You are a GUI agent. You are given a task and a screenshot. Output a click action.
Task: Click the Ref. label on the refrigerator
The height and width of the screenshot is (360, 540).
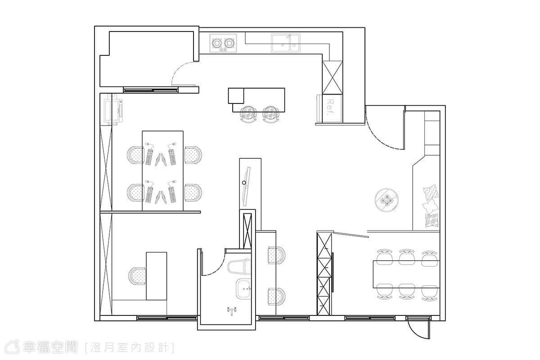coord(330,108)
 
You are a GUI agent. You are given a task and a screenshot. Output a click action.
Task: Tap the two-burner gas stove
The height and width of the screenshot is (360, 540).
coord(223,43)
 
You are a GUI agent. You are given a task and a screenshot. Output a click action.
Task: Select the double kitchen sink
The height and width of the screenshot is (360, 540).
coord(286,43)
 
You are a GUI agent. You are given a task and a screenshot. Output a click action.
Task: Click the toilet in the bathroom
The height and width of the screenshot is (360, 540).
coord(239,267)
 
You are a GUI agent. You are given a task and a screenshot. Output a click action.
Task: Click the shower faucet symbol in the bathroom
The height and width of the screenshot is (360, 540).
coord(232,311)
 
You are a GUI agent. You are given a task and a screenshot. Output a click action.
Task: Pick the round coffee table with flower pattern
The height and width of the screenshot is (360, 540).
coord(387,200)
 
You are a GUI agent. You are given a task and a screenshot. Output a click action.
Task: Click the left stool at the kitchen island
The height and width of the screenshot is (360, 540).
coord(248,115)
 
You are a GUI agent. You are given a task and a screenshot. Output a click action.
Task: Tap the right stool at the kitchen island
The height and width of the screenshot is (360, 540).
coord(271,115)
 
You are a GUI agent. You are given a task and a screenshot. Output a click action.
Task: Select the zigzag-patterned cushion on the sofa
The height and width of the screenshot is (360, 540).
coord(431,193)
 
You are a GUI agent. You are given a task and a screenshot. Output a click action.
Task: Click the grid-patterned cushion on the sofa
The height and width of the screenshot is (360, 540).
coord(431,220)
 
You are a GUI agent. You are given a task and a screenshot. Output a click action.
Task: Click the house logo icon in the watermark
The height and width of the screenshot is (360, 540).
coord(12,347)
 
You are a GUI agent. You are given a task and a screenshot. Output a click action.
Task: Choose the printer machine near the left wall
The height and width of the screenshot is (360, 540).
coord(113,109)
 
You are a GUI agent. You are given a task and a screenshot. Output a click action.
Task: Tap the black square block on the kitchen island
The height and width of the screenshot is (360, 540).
coord(236,96)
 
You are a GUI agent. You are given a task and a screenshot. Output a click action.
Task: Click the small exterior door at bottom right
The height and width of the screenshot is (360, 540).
coord(418,328)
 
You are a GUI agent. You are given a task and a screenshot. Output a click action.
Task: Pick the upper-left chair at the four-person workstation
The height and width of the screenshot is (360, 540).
coord(135,155)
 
